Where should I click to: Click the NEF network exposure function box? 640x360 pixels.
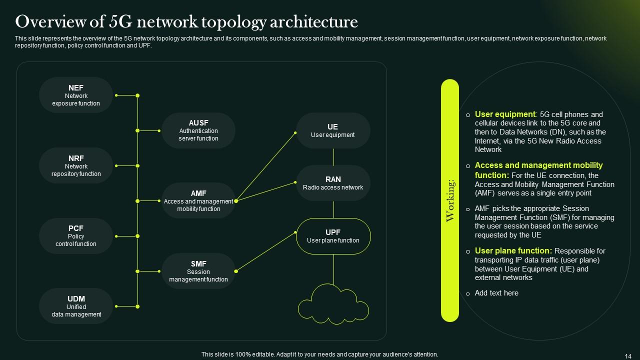[76, 95]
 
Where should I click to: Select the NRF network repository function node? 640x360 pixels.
[76, 165]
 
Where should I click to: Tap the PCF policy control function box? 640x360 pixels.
[76, 236]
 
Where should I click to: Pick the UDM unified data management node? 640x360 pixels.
[76, 306]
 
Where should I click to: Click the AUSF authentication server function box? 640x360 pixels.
[198, 130]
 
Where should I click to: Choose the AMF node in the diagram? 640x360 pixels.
[198, 200]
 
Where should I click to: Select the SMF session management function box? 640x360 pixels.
[198, 271]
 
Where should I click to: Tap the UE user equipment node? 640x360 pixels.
[333, 130]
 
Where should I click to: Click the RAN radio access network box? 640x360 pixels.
[333, 183]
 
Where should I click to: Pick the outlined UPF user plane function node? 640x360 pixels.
[333, 236]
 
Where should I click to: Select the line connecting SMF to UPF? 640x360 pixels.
[265, 251]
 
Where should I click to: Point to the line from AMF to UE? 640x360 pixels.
[265, 166]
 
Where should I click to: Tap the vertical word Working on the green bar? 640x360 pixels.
[450, 200]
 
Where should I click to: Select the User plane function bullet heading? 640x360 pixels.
[513, 251]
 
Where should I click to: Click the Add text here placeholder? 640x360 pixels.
[496, 293]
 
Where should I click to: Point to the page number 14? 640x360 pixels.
[628, 355]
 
